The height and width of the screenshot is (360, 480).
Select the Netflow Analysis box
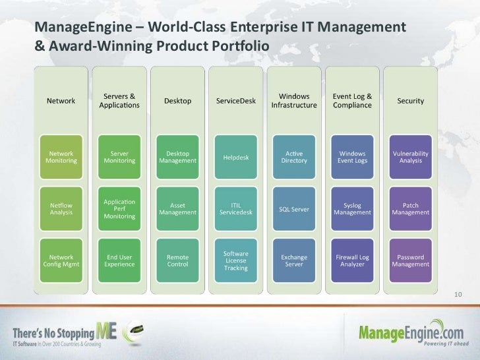tap(61, 209)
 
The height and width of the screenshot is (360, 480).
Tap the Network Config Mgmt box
tap(61, 260)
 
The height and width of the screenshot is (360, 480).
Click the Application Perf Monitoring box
tap(119, 209)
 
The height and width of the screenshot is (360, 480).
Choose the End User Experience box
tap(119, 260)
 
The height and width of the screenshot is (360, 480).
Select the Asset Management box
tap(177, 209)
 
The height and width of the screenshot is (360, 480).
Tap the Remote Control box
tap(177, 260)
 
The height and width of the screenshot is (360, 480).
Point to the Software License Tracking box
tap(235, 260)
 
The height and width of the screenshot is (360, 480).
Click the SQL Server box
tap(293, 209)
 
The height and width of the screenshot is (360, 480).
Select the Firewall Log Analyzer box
tap(352, 260)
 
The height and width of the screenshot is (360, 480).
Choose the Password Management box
tap(410, 260)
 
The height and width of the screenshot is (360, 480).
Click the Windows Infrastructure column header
tap(293, 101)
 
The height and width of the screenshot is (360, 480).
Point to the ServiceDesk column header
tap(235, 101)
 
